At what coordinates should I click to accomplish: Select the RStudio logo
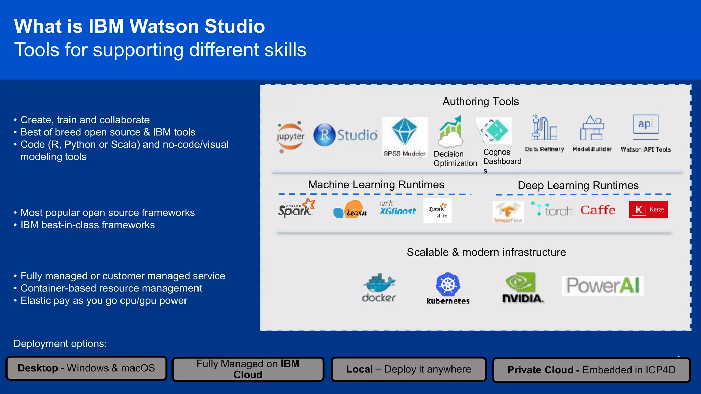[345, 135]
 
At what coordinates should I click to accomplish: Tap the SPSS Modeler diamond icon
[404, 131]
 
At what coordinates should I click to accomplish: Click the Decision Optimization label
[455, 159]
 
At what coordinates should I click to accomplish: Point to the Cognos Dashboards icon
[495, 130]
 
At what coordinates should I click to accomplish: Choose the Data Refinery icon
[544, 128]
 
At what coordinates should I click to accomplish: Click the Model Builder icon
[592, 128]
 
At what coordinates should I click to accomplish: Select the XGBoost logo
[397, 209]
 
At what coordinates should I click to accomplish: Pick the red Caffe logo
[598, 210]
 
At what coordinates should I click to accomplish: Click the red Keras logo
[648, 210]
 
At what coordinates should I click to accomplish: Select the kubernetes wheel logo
[448, 285]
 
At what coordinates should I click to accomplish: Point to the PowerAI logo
[603, 286]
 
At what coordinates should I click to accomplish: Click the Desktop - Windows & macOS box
[86, 368]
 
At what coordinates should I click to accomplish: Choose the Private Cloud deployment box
[591, 370]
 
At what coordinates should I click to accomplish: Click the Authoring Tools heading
[480, 102]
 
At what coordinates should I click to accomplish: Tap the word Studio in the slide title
[234, 26]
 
